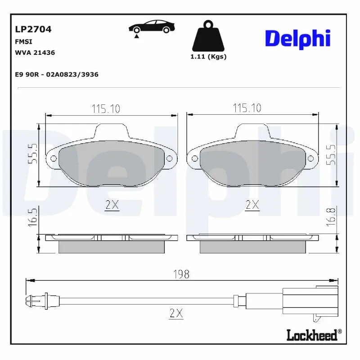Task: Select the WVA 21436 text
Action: [x=35, y=53]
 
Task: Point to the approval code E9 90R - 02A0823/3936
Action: [x=57, y=75]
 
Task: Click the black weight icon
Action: [x=207, y=36]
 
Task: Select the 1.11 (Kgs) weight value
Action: [x=208, y=57]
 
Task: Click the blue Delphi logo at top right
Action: [x=297, y=39]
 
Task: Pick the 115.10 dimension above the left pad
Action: [x=106, y=108]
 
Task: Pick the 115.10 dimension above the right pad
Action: [x=247, y=108]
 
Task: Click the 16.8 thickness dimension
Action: [x=331, y=217]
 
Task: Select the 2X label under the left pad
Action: [x=112, y=206]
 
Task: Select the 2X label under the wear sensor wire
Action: [x=177, y=314]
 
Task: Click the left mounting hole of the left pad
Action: [x=53, y=158]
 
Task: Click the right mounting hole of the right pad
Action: [x=310, y=158]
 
